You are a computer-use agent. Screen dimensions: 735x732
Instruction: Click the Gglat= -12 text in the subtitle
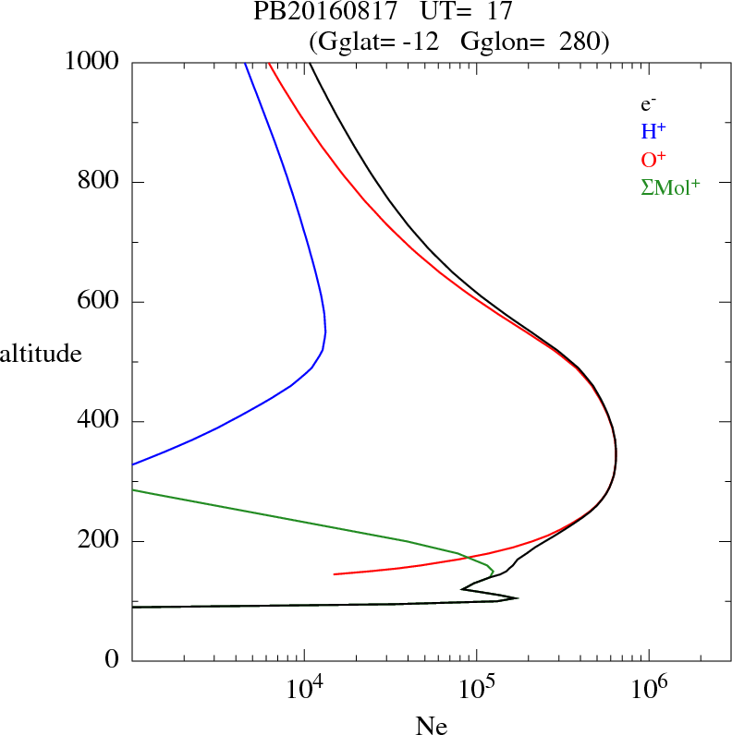(x=369, y=42)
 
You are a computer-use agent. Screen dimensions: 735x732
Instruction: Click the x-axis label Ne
(x=432, y=727)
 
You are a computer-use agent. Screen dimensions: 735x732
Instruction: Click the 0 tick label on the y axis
(x=113, y=661)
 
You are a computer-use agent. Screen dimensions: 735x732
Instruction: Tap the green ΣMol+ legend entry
(x=669, y=187)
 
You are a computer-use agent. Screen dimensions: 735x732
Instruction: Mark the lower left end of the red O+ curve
(x=334, y=574)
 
